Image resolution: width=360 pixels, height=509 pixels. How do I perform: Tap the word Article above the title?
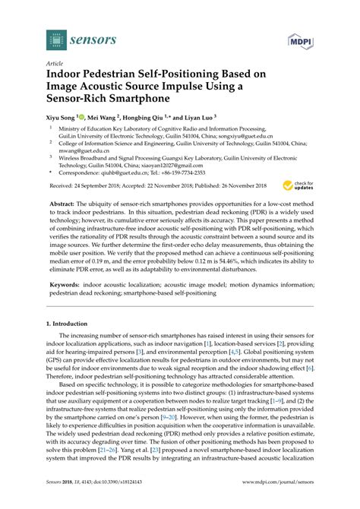point(55,65)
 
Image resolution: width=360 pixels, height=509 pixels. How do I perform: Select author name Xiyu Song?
point(62,119)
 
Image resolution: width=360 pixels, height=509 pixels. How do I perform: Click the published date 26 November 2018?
point(238,185)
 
